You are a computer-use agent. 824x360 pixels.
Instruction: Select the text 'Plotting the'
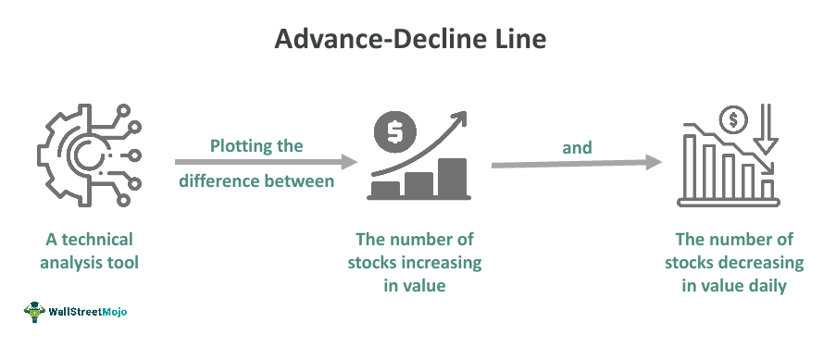[x=256, y=146]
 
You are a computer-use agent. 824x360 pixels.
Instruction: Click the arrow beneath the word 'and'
[x=576, y=164]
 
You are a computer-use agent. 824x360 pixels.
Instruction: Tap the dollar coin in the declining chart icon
[x=736, y=118]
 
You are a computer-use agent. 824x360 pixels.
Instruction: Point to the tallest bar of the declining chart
[x=690, y=168]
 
